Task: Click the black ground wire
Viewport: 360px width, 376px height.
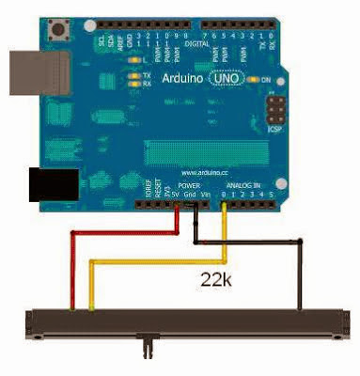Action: [299, 273]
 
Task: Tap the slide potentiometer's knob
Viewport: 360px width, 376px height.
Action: [146, 343]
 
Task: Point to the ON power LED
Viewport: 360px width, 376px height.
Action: [255, 80]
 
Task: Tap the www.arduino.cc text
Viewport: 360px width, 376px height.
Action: [203, 174]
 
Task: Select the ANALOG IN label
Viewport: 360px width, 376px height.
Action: [243, 186]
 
